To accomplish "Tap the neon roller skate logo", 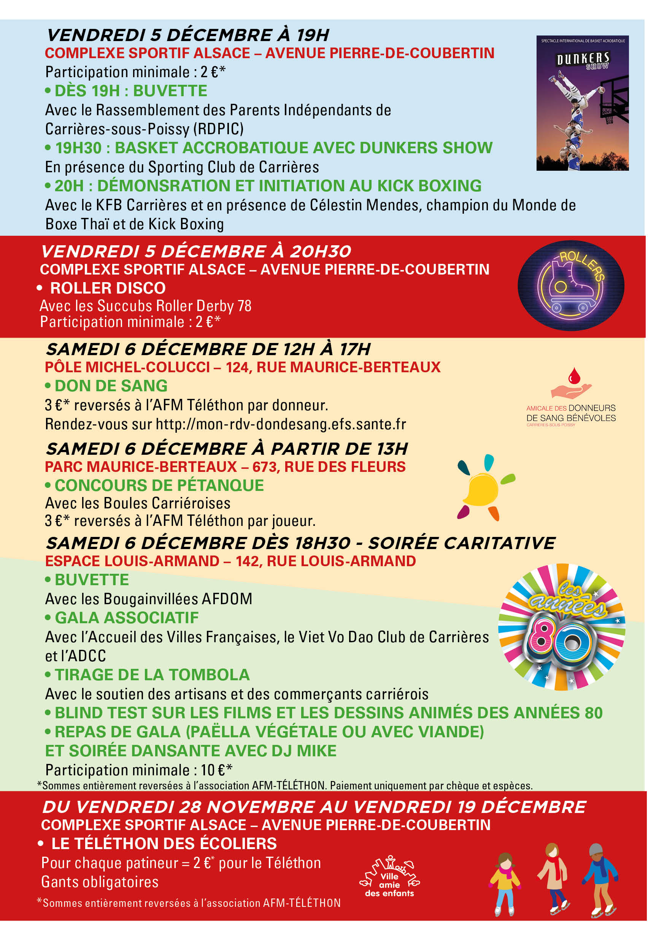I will (570, 286).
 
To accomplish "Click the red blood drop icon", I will (574, 375).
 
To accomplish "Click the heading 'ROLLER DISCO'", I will (108, 288).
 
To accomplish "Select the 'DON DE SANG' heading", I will (111, 386).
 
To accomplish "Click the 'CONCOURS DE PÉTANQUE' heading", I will (159, 486).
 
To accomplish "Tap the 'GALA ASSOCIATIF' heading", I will (127, 618).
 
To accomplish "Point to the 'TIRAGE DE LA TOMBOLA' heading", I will (152, 675).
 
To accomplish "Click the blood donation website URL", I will (281, 424).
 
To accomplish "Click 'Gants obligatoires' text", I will (100, 882).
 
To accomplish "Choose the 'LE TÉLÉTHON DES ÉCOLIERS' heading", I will (164, 844).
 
